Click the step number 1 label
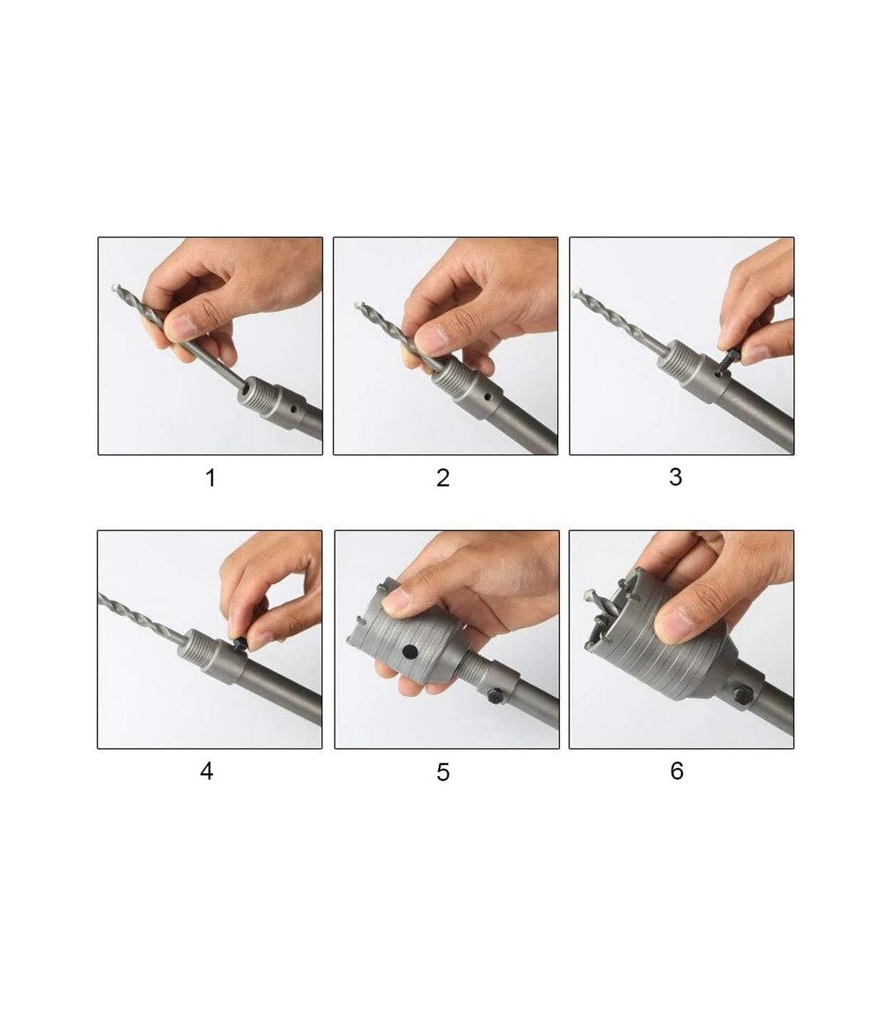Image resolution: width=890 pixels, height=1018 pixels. [211, 478]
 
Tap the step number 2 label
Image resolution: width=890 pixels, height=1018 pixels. [443, 478]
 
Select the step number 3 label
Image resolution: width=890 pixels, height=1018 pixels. [675, 476]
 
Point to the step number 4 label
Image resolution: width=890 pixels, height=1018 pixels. [207, 771]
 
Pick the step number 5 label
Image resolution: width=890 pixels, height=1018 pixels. [443, 772]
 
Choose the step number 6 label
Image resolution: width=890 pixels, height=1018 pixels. [676, 771]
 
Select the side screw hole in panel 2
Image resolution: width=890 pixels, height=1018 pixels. [488, 397]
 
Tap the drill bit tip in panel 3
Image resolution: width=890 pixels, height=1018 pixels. [576, 294]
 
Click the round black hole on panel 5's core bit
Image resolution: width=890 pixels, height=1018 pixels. [409, 650]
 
